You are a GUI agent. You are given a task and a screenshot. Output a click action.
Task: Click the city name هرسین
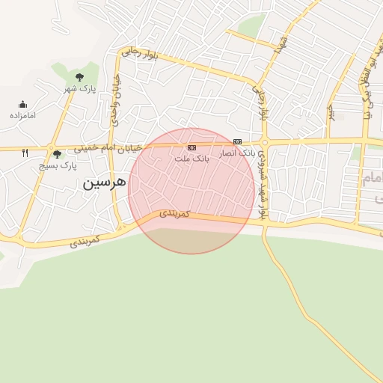99,183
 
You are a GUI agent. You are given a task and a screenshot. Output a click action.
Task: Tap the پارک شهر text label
79,90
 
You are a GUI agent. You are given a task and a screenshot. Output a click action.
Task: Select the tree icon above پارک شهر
79,77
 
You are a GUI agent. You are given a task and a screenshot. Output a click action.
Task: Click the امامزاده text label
23,116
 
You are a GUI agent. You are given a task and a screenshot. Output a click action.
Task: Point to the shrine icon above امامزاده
23,105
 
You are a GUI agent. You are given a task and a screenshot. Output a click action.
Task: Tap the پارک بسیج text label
58,165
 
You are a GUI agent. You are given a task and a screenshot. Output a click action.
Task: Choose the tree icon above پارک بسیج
58,154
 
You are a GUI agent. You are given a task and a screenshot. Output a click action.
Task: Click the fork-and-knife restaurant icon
25,153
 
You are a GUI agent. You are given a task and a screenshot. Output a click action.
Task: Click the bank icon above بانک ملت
191,147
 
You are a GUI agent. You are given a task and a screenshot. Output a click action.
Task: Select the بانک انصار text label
237,152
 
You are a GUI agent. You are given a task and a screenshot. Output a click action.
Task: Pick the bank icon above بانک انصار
237,141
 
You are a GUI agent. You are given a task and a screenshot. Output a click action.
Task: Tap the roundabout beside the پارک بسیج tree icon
49,148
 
